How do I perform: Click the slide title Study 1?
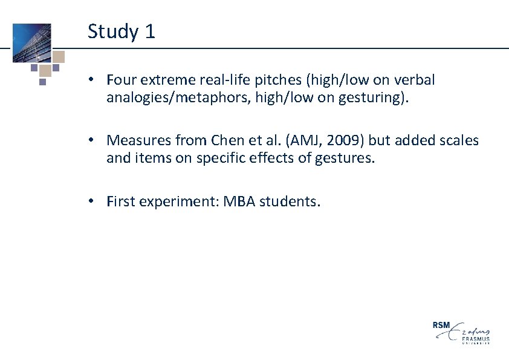pyautogui.click(x=121, y=31)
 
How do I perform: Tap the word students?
pyautogui.click(x=290, y=201)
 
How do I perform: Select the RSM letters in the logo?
pyautogui.click(x=441, y=326)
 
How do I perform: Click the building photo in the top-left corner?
pyautogui.click(x=32, y=42)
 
